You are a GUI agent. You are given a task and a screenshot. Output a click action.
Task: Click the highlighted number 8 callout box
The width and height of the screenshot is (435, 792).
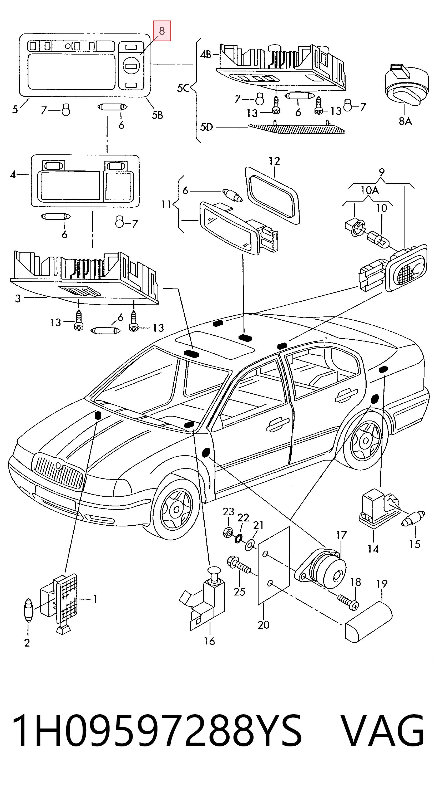[162, 31]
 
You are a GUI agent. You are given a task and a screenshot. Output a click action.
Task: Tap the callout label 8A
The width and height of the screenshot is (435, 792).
[405, 121]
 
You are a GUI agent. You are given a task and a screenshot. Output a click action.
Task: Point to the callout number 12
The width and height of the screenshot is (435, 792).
[275, 161]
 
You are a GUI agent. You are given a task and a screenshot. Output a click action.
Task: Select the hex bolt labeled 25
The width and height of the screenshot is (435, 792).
[239, 566]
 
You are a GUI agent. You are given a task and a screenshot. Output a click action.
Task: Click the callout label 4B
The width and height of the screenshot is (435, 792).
[206, 55]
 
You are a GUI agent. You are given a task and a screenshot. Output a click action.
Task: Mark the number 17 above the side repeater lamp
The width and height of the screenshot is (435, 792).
[341, 535]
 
